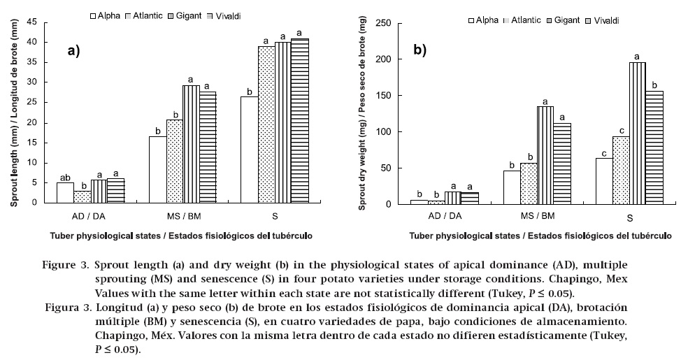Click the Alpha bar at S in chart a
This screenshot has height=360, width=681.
[x=249, y=149]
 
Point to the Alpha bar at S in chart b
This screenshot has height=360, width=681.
[x=604, y=181]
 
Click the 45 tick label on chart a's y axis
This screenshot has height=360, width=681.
[x=31, y=22]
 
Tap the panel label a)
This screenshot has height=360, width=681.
[x=73, y=50]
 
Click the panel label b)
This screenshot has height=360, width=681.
[x=421, y=50]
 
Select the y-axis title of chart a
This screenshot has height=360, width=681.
[x=14, y=112]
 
